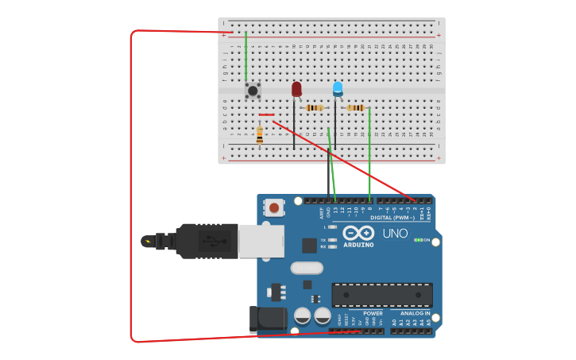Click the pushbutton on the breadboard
point(253,91)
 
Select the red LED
point(296,89)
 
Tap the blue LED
point(338,88)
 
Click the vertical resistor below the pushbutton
point(260,136)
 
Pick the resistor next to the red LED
point(315,108)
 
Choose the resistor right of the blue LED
point(356,107)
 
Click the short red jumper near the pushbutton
point(266,115)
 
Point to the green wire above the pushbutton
point(245,56)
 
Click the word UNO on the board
point(395,234)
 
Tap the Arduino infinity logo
point(358,233)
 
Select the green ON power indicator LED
point(417,240)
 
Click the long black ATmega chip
point(382,294)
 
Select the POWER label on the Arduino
point(372,313)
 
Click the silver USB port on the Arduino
point(261,241)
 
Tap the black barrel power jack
point(266,319)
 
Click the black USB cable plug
point(206,241)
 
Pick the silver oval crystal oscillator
point(307,268)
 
